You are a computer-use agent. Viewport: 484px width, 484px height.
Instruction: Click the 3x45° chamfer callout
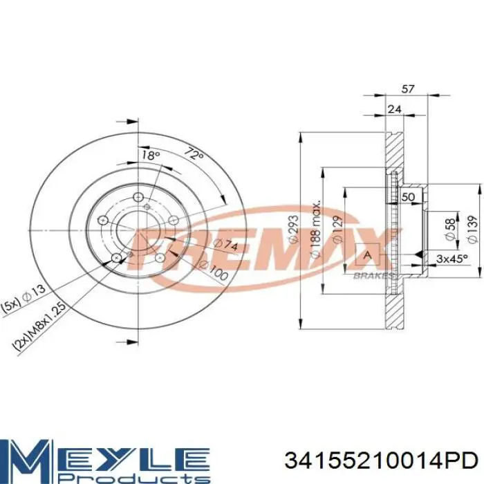click(x=452, y=259)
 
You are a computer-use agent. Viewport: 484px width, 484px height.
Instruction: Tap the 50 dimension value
click(x=409, y=198)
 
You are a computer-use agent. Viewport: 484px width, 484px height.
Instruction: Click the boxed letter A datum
click(x=367, y=255)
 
